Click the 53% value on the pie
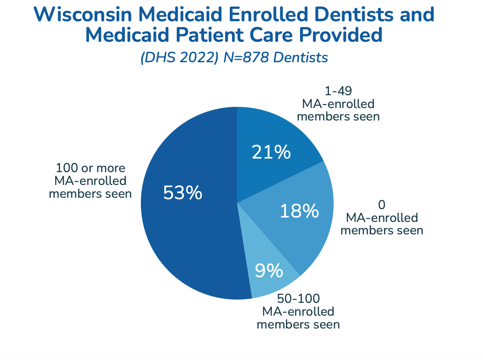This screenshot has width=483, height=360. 183,193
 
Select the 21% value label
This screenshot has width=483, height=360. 271,152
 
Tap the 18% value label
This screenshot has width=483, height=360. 299,211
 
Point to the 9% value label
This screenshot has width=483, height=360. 269,271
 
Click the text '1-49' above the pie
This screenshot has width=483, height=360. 338,91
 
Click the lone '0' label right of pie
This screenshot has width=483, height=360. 382,204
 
